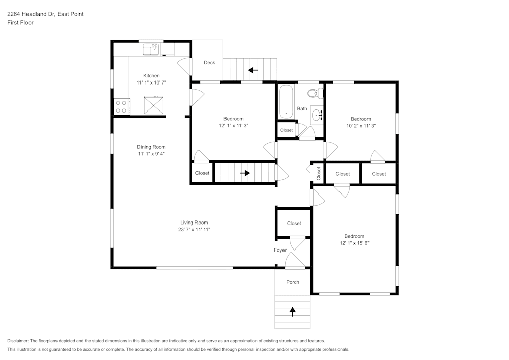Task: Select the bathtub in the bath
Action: (286, 101)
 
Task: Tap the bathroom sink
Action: (317, 115)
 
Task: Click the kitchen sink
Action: (151, 49)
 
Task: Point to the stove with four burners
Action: (121, 106)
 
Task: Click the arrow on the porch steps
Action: (293, 311)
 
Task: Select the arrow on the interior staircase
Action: (245, 173)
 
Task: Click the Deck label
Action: (209, 63)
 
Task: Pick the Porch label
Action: (293, 282)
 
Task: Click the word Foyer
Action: (280, 250)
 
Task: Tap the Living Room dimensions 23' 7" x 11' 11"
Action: (194, 230)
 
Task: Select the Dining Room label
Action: (151, 147)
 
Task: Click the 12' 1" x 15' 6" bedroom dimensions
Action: (354, 243)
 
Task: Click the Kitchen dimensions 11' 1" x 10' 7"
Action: (151, 82)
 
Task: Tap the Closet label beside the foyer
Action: (294, 223)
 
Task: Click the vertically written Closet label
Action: (319, 174)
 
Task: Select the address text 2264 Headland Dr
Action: (45, 14)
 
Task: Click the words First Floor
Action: (20, 23)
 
